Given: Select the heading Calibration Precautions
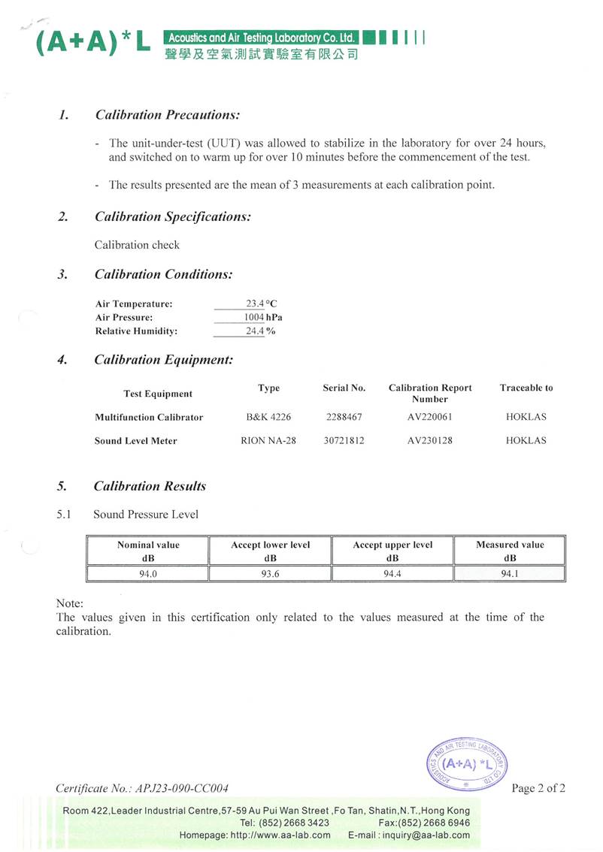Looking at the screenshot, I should [167, 115].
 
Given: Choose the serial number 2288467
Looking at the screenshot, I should [344, 417].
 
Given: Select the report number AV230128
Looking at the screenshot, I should [429, 440].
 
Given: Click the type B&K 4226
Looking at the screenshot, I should [268, 417].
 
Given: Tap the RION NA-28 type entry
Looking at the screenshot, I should [268, 440].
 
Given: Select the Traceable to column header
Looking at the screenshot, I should [526, 388].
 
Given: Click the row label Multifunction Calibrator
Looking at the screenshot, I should [149, 417].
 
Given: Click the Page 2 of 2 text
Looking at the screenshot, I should [538, 788].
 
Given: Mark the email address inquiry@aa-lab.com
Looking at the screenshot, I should [429, 835].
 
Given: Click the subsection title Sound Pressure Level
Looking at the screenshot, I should [146, 515].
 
